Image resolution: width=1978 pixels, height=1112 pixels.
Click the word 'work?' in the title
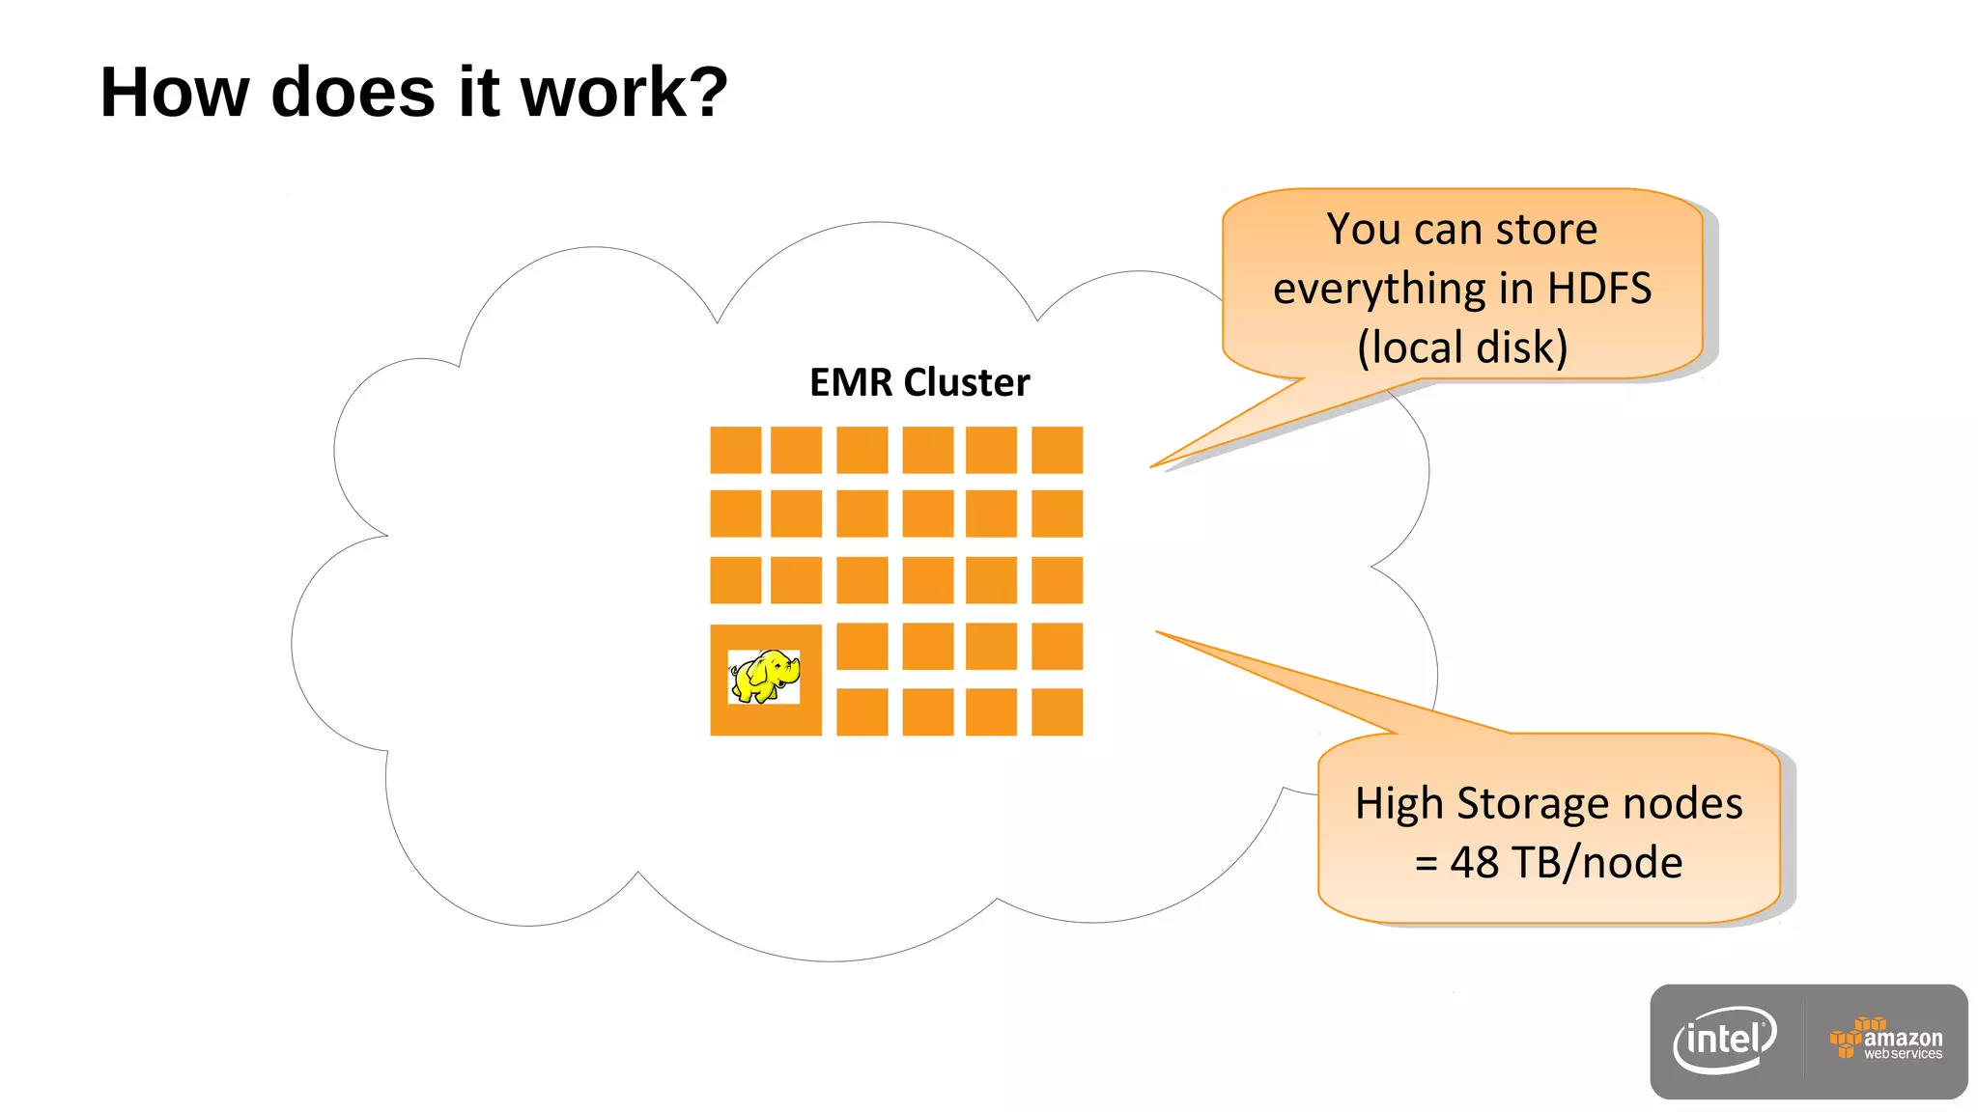pos(624,94)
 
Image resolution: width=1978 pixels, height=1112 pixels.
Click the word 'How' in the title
pos(174,94)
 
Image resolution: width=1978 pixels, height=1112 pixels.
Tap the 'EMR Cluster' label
pos(918,383)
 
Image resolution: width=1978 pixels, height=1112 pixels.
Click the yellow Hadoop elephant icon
pos(764,676)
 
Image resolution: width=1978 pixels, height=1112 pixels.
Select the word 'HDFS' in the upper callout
pos(1598,289)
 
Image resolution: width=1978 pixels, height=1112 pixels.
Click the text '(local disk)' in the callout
pos(1461,347)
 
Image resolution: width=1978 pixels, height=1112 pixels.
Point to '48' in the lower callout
pos(1474,862)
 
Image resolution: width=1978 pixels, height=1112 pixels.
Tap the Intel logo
pos(1725,1041)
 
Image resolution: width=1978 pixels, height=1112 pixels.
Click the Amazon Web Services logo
pos(1885,1041)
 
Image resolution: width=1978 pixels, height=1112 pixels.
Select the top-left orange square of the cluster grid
pos(735,450)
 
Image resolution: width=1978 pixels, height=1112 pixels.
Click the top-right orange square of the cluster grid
pos(1057,450)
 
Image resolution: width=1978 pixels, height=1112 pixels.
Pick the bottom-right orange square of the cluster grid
pos(1057,712)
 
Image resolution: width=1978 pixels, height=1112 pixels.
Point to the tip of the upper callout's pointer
pos(1152,467)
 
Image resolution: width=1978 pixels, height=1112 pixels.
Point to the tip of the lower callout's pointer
pos(1158,632)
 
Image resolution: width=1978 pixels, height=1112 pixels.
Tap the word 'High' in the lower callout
pos(1399,803)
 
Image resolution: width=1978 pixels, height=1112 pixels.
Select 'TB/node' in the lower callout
pos(1597,862)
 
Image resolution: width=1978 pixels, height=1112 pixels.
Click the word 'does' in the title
pos(353,94)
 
